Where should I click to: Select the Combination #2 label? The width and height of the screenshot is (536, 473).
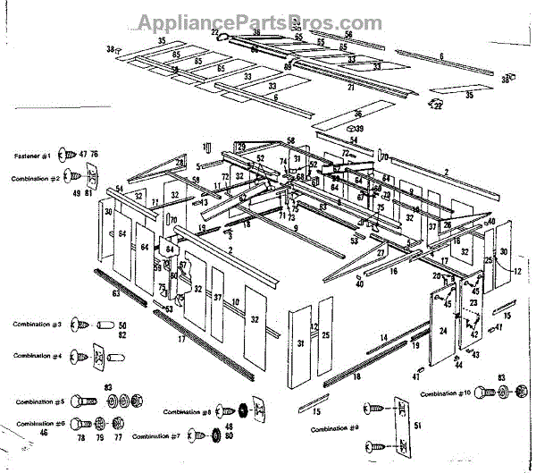tap(36, 179)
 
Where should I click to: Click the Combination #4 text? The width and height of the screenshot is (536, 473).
tap(37, 355)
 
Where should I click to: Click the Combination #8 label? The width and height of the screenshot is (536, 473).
tap(187, 412)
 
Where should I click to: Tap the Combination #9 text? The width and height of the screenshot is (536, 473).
tap(335, 430)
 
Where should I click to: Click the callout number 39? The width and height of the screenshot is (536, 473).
tap(359, 129)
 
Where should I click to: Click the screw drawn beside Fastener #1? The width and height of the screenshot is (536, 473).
tap(69, 156)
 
